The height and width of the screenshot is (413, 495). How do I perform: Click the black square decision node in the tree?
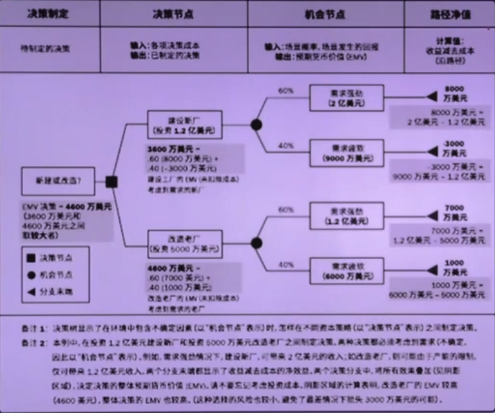point(112,182)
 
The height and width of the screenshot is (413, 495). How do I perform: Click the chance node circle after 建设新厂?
point(256,124)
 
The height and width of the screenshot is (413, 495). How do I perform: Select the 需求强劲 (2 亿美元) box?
point(347,98)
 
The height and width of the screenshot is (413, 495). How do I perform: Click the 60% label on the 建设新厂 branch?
point(286,90)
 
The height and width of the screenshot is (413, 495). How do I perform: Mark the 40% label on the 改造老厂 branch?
point(286,265)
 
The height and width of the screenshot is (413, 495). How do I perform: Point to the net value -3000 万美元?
point(455,148)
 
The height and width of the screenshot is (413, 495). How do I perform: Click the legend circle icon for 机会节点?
point(32,275)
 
